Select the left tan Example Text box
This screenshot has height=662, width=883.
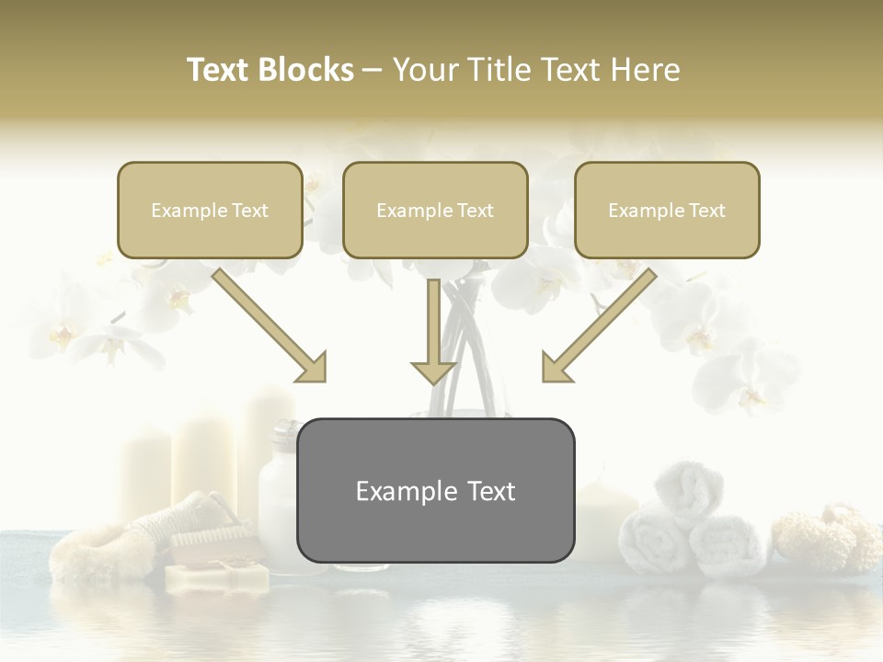[210, 210]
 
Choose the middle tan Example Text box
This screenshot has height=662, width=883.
[435, 210]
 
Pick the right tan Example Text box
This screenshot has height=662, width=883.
[667, 210]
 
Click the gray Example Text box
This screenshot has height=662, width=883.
[435, 490]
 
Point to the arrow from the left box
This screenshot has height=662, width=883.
[269, 325]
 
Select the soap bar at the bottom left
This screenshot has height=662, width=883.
[217, 576]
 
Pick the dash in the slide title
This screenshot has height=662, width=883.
[373, 70]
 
